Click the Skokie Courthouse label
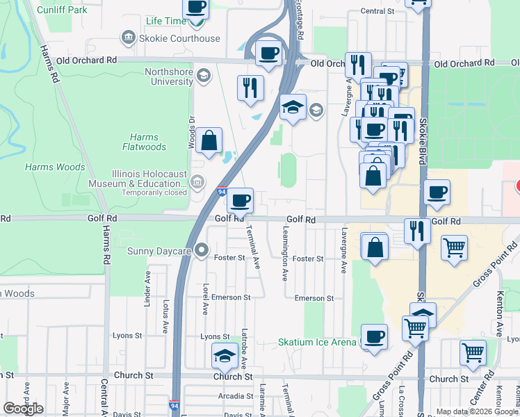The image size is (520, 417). pyautogui.click(x=179, y=38)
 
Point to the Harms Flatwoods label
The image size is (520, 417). pyautogui.click(x=144, y=142)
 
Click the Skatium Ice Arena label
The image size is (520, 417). pyautogui.click(x=317, y=342)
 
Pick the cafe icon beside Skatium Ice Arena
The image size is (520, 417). pyautogui.click(x=374, y=336)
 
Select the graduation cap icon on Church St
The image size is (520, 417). pyautogui.click(x=224, y=356)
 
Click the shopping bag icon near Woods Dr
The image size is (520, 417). pyautogui.click(x=209, y=140)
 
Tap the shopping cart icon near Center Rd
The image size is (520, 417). pyautogui.click(x=473, y=352)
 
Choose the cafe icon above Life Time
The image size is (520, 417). pyautogui.click(x=196, y=8)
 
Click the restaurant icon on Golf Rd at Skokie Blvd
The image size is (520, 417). pyautogui.click(x=416, y=230)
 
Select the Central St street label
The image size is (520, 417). pyautogui.click(x=377, y=12)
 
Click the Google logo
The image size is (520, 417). pyautogui.click(x=23, y=408)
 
